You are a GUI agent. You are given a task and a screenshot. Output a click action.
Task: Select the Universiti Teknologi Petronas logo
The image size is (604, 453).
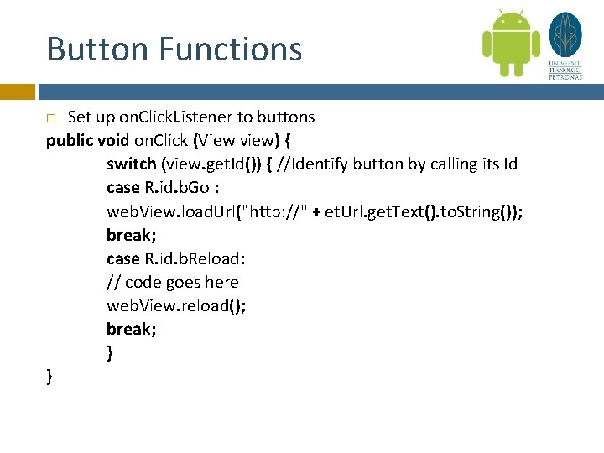coord(565,45)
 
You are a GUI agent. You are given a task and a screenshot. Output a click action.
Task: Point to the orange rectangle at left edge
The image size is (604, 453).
coord(17,91)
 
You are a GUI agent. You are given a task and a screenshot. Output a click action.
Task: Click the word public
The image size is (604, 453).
coord(70,140)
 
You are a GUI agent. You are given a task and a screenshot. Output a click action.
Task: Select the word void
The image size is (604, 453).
coord(116,140)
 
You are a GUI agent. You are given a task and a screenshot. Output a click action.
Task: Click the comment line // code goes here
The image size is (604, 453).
coord(172,282)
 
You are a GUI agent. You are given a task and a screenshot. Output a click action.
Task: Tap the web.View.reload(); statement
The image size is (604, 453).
coord(176,305)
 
